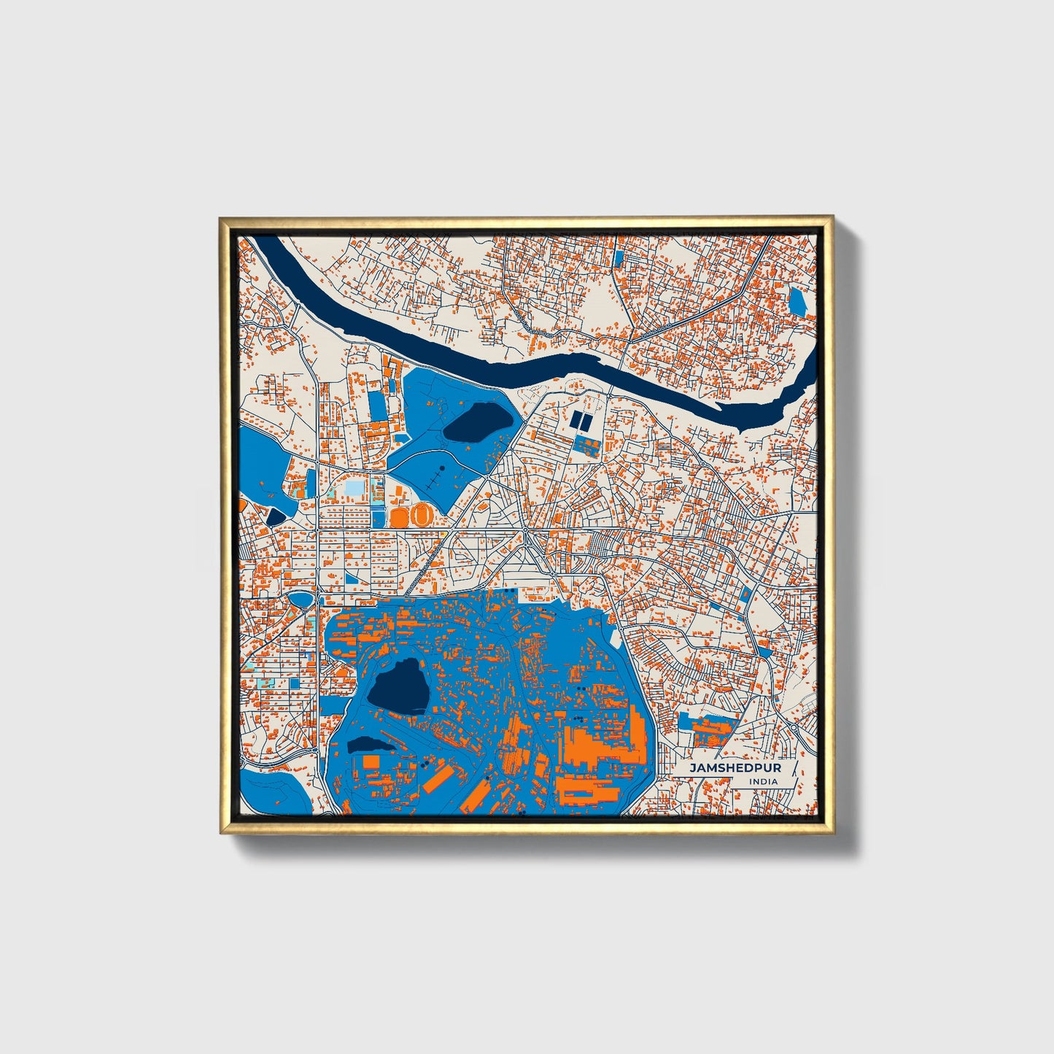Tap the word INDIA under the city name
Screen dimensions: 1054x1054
click(x=762, y=781)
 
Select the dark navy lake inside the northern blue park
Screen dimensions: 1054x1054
click(x=476, y=423)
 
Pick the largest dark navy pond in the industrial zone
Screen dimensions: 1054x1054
click(x=398, y=686)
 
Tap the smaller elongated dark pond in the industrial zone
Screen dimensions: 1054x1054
click(x=369, y=745)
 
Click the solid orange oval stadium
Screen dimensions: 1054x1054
click(x=399, y=517)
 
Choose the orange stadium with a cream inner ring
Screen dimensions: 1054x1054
click(x=420, y=516)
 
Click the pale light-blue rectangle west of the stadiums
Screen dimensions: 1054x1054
click(x=353, y=487)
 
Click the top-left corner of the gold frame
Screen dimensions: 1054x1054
click(x=222, y=219)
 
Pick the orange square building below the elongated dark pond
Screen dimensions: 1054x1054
click(x=371, y=762)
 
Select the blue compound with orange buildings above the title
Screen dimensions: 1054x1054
click(x=705, y=729)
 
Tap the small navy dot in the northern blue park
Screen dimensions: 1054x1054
click(x=441, y=468)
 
